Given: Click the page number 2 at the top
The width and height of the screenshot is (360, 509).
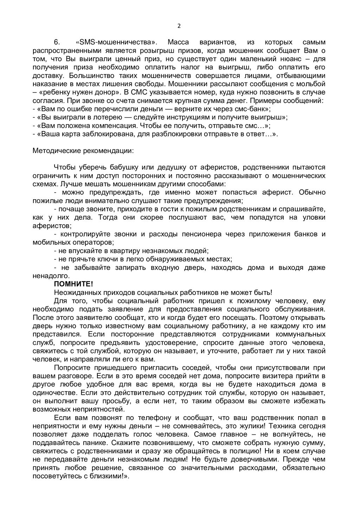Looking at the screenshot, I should click(179, 25).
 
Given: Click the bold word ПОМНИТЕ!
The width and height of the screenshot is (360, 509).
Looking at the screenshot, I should click(73, 284).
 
